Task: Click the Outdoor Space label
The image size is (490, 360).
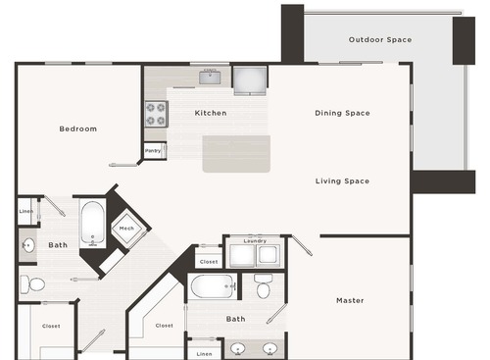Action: (x=380, y=40)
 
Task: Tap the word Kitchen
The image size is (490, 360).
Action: (x=211, y=113)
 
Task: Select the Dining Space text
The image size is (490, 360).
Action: (x=342, y=113)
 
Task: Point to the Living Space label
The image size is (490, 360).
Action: (x=342, y=180)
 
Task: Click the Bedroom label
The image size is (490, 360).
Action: (x=77, y=129)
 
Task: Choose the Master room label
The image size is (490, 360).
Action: (x=350, y=300)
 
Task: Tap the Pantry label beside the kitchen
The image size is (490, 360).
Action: (x=153, y=150)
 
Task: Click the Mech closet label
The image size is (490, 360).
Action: (x=126, y=229)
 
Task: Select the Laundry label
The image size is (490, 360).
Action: (x=255, y=240)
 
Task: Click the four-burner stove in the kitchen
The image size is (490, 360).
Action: (x=156, y=114)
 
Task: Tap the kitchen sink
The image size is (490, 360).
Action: (x=210, y=77)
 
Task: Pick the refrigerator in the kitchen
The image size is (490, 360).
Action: (x=248, y=77)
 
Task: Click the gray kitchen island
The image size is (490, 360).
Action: (x=236, y=154)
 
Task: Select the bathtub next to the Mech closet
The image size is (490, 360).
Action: (x=92, y=225)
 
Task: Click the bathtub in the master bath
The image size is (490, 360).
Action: (x=213, y=286)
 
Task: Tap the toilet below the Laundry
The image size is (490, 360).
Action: (x=263, y=287)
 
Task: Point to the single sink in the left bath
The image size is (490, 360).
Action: (x=26, y=245)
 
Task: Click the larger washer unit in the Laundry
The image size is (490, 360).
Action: (x=242, y=256)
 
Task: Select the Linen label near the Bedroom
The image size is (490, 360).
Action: (x=26, y=212)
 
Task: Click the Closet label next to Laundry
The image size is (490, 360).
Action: (x=208, y=262)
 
